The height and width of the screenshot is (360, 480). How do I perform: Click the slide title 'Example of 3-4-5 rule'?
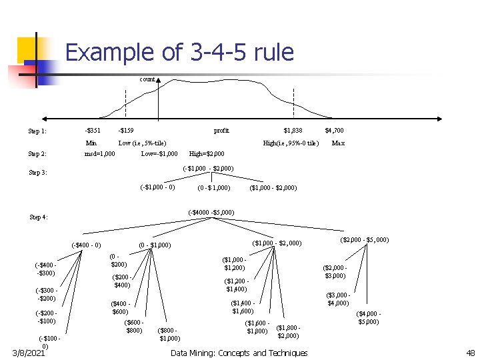point(179,52)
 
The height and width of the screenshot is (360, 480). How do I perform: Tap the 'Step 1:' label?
point(37,131)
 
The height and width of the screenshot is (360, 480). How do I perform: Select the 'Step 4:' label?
point(39,217)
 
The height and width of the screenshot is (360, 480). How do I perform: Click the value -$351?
point(93,131)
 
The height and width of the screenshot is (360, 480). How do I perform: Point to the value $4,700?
point(334,131)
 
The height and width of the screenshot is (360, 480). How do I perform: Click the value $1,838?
point(293,131)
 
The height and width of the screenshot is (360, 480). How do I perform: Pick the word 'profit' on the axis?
point(221,131)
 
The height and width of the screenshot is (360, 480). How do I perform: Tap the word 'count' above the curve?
point(147,79)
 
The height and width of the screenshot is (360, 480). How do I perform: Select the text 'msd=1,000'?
point(100,154)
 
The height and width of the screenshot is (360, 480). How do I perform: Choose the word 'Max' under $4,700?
point(338,143)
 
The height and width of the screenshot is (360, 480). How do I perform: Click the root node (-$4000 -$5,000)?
point(211,213)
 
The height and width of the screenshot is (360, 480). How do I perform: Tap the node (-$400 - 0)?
point(86,245)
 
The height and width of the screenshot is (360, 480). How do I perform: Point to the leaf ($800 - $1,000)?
point(169,334)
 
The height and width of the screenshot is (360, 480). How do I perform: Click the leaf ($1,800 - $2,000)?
point(288,331)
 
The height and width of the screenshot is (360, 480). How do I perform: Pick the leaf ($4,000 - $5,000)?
point(369,317)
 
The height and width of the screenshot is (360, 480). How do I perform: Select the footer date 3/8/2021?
point(27,353)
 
